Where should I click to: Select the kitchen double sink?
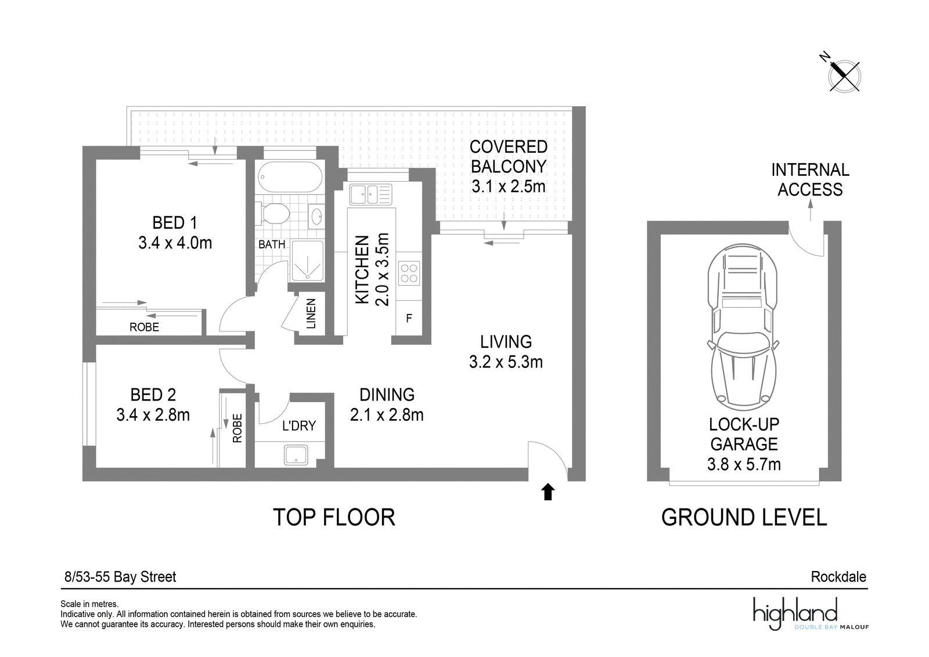[x=370, y=194]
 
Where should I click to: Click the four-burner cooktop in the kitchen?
[x=409, y=273]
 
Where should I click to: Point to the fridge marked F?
[x=409, y=319]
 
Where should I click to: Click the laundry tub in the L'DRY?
[x=296, y=454]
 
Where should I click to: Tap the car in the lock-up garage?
[x=743, y=327]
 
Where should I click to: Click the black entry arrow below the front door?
[x=548, y=492]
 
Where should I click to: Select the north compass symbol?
[x=842, y=77]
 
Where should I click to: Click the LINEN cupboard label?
[x=311, y=314]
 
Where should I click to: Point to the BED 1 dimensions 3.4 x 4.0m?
[x=175, y=243]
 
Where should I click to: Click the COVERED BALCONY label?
[x=509, y=157]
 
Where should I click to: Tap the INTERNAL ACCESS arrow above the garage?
[x=811, y=210]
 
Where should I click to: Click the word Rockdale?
[x=838, y=576]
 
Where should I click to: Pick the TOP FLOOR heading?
[x=334, y=517]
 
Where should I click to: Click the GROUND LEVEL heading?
[x=744, y=517]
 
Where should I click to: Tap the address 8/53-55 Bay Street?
[x=120, y=576]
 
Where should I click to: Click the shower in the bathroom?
[x=307, y=261]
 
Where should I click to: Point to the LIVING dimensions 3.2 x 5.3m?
[x=506, y=362]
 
